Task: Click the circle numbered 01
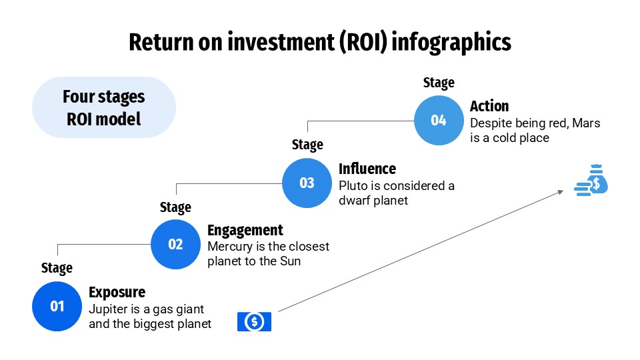point(57,306)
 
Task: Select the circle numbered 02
point(175,244)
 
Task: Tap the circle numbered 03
point(307,182)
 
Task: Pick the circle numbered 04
point(438,120)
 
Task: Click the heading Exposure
point(117,292)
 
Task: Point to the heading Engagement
point(245,230)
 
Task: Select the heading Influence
point(367,168)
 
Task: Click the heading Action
point(489,106)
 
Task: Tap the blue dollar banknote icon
point(254,322)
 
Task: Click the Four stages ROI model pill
point(103,107)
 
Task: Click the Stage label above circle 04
point(438,83)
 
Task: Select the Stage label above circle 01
point(57,268)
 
